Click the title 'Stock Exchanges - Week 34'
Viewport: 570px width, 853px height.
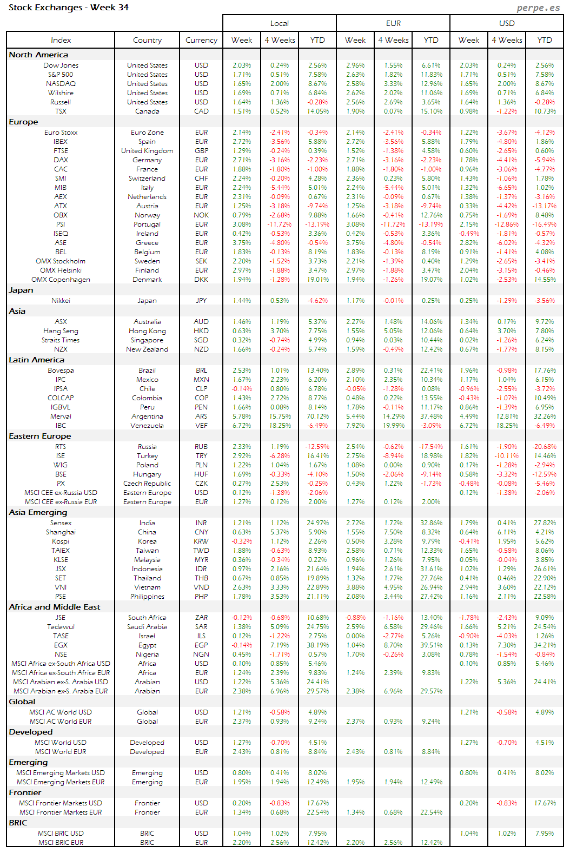[x=69, y=8]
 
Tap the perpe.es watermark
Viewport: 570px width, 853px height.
[x=538, y=8]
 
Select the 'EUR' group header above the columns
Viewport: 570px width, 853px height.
[x=393, y=23]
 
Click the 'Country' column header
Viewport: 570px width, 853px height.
[x=147, y=40]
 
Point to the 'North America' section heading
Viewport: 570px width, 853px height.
[x=38, y=55]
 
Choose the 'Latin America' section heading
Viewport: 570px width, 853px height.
[x=36, y=360]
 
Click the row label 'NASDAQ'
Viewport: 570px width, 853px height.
[x=61, y=84]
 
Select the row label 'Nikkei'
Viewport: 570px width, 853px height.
[x=61, y=301]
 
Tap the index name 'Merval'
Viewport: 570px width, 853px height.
[x=61, y=416]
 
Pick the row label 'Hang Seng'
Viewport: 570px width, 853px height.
[x=61, y=331]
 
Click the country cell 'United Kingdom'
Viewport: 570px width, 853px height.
[x=147, y=151]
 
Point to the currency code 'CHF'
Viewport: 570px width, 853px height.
[x=201, y=178]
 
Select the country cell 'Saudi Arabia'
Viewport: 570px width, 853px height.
[x=147, y=627]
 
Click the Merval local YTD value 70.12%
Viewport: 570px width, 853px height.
[x=317, y=416]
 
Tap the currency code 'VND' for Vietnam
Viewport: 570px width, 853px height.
[x=201, y=587]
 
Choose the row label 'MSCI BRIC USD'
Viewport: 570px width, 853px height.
[x=61, y=834]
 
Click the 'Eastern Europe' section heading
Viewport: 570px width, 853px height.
[x=40, y=436]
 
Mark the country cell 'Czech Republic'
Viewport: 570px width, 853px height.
[x=147, y=484]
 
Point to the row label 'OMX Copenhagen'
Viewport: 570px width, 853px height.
[x=61, y=280]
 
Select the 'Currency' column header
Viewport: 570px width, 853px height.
[x=201, y=40]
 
